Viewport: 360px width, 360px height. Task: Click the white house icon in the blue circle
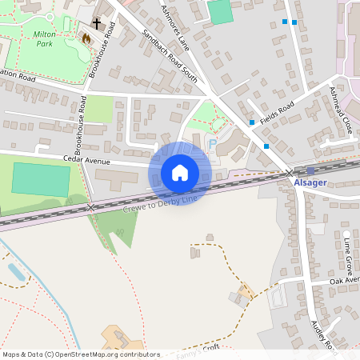(180, 173)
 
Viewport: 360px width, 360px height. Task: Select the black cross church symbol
(97, 24)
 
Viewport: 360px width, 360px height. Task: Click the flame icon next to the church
(86, 38)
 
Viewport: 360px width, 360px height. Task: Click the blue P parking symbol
(212, 144)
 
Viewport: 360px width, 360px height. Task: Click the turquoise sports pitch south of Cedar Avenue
(39, 178)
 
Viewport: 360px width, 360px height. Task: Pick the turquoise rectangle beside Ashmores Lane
(219, 12)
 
